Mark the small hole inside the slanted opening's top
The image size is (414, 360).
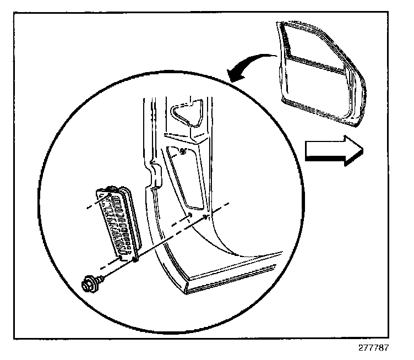coord(182,151)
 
